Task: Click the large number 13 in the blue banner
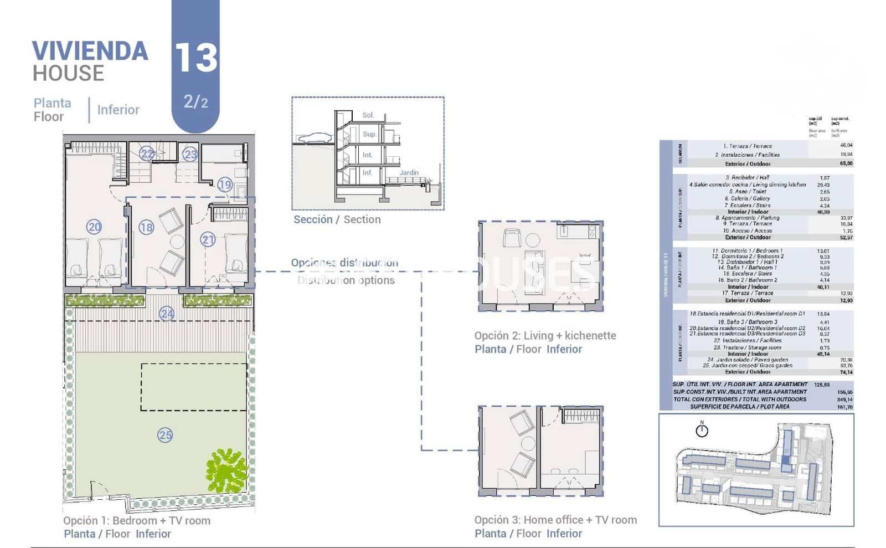(x=195, y=58)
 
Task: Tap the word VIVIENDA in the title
(x=90, y=51)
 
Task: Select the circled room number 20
(x=94, y=227)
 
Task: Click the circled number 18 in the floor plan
(x=146, y=227)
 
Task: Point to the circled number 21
(x=208, y=240)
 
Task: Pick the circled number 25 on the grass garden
(x=165, y=435)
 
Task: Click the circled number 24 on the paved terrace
(x=167, y=314)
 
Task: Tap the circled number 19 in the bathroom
(x=224, y=185)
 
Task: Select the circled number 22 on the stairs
(x=147, y=153)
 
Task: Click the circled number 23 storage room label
(x=190, y=154)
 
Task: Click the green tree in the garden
(x=226, y=470)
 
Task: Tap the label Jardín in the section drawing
(x=409, y=173)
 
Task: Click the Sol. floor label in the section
(x=368, y=115)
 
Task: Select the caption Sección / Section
(x=337, y=219)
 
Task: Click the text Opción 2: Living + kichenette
(x=545, y=335)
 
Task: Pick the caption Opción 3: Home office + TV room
(x=555, y=520)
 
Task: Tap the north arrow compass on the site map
(x=702, y=429)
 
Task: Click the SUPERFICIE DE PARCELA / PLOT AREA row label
(x=739, y=407)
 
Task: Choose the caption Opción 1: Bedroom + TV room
(x=137, y=520)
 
